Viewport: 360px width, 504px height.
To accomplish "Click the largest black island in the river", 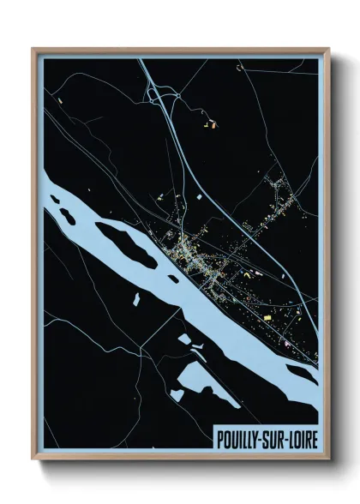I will point(124,243).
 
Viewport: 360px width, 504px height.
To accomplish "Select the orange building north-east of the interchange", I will point(209,125).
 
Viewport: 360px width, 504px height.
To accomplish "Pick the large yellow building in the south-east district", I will point(266,317).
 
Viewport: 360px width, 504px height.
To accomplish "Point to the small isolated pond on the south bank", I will point(135,299).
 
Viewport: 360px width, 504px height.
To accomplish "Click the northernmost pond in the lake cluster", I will point(186,339).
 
